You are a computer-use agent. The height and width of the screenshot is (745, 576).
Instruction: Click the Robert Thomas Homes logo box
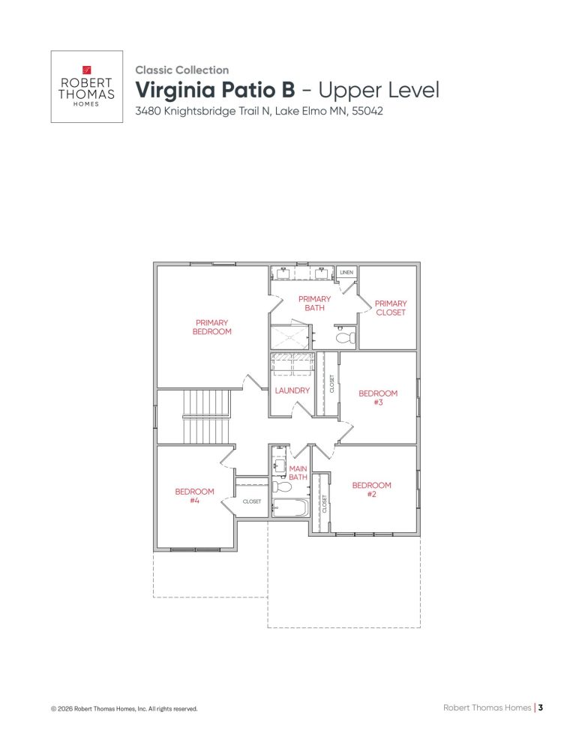click(x=86, y=86)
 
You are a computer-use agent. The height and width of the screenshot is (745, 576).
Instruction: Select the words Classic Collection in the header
click(x=181, y=70)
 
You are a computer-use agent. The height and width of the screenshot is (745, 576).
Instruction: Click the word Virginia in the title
click(x=175, y=90)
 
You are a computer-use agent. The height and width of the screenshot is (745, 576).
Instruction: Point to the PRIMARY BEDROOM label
click(x=212, y=327)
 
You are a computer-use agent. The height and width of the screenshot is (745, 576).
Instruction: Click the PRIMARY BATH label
click(x=314, y=303)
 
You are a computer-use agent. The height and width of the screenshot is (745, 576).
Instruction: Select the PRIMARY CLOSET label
click(x=390, y=308)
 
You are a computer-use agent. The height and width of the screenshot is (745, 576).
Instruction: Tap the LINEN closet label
click(x=346, y=272)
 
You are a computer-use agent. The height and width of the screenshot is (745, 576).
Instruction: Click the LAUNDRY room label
click(x=292, y=390)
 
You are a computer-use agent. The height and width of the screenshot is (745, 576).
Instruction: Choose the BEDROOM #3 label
click(x=378, y=397)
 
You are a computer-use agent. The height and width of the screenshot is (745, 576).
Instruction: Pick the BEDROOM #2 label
click(x=371, y=489)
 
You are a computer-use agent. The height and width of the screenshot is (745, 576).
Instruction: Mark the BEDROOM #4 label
click(x=194, y=495)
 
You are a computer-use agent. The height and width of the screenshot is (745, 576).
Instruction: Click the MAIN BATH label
click(x=298, y=473)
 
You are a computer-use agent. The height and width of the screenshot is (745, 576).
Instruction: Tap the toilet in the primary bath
click(x=345, y=338)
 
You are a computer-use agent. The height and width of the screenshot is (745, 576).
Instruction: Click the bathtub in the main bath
click(x=290, y=508)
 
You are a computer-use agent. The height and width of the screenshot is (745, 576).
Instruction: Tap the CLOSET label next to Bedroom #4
click(x=252, y=501)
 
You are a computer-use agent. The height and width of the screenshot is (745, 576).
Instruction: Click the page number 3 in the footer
click(x=540, y=707)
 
